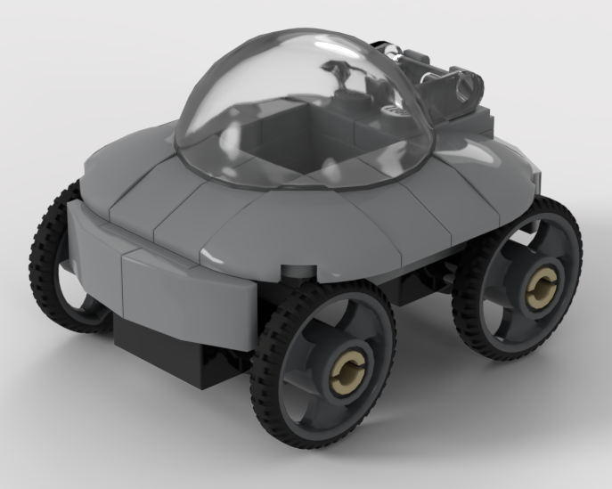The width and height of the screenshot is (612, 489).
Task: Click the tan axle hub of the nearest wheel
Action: coord(347,368)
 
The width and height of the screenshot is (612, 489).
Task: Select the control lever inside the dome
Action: coord(339,76)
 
